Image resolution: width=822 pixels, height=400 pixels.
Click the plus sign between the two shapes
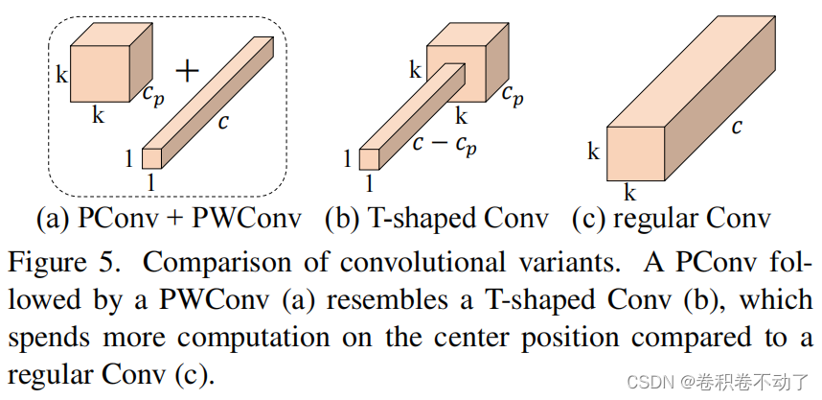point(190,70)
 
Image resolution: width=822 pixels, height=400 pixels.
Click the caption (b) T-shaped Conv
point(436,219)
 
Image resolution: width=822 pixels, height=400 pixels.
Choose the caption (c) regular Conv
point(671,219)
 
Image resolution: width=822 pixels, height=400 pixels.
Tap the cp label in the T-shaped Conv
point(514,95)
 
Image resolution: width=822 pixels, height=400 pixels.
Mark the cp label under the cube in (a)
point(152,95)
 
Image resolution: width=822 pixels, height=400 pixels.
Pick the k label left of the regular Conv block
point(594,152)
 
